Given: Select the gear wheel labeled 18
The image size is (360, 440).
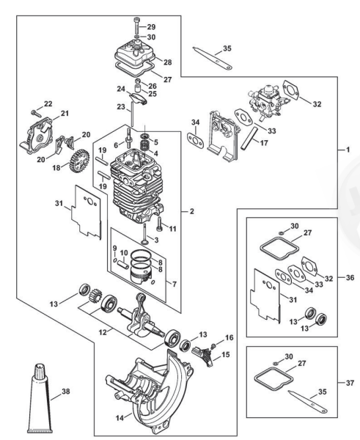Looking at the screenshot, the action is click(x=79, y=161).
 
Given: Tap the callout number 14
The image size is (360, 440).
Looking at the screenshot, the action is click(x=120, y=418).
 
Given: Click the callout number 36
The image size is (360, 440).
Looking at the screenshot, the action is click(x=350, y=277).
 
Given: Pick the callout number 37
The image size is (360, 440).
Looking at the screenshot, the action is click(x=350, y=383).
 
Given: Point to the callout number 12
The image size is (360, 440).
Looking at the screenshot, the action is click(x=103, y=332).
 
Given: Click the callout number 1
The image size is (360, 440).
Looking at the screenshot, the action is click(x=348, y=150).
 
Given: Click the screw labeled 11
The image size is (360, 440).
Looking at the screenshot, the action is click(x=160, y=224).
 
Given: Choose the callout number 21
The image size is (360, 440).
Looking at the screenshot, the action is click(x=65, y=114).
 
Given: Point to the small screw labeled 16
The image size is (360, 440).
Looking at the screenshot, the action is click(x=214, y=345).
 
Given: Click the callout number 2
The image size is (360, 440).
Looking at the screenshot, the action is click(x=192, y=211).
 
